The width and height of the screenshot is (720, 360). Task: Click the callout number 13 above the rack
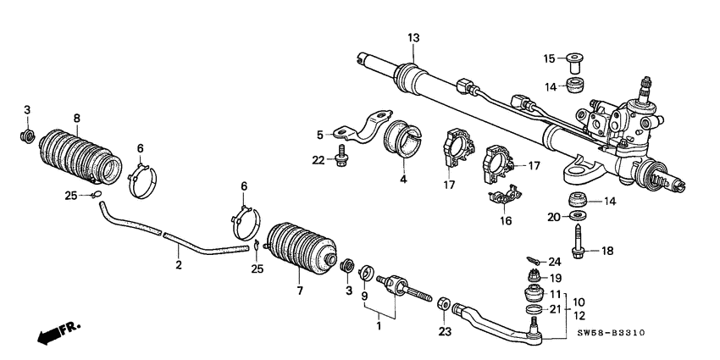(x=413, y=37)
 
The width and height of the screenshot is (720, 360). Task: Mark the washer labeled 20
(x=579, y=218)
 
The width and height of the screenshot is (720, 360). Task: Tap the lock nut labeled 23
(x=443, y=302)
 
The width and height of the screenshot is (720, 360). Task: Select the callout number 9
(x=364, y=296)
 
